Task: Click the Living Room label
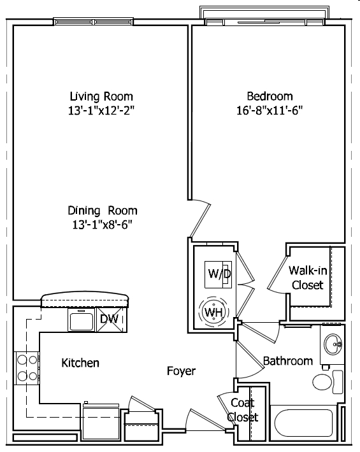(x=101, y=96)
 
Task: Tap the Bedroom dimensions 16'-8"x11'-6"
(x=270, y=110)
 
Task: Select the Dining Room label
(x=103, y=211)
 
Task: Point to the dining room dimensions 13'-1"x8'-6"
(x=103, y=225)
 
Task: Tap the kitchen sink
(x=82, y=320)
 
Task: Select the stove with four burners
(x=27, y=368)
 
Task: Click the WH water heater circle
(x=214, y=311)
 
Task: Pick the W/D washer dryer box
(x=218, y=274)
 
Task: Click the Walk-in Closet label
(x=308, y=278)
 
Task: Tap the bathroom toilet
(x=328, y=382)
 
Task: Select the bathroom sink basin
(x=333, y=344)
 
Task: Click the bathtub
(x=303, y=423)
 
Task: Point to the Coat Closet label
(x=242, y=410)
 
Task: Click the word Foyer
(x=181, y=371)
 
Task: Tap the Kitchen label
(x=80, y=363)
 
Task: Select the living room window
(x=94, y=22)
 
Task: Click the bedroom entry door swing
(x=201, y=218)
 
